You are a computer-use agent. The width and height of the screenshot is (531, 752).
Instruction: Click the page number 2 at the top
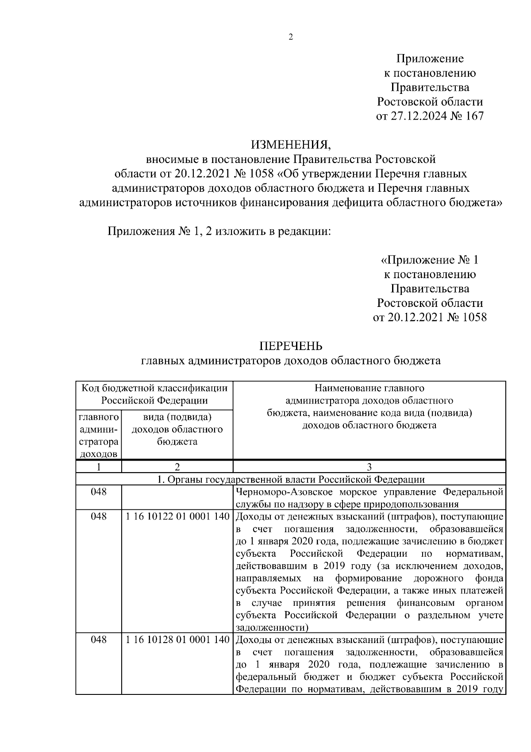[291, 38]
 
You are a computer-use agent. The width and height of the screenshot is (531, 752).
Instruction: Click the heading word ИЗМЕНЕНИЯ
[291, 144]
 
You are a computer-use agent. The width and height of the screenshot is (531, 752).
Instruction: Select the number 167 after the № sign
[473, 116]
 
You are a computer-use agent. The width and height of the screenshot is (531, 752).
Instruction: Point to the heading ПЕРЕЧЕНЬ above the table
[291, 346]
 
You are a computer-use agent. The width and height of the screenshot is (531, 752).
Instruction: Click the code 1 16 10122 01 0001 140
[177, 517]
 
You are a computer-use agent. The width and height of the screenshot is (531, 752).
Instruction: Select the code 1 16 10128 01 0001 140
[177, 640]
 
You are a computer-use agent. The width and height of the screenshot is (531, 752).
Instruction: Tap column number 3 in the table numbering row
[369, 467]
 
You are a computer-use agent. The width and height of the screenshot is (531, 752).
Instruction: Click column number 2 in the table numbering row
[177, 467]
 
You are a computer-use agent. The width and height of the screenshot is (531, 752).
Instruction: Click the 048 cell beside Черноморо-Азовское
[98, 492]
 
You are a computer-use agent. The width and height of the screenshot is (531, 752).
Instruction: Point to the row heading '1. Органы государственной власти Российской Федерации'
[291, 480]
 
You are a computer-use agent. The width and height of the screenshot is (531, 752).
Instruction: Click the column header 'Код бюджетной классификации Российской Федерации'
[154, 395]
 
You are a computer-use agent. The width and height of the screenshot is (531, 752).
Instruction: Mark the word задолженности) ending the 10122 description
[272, 628]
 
